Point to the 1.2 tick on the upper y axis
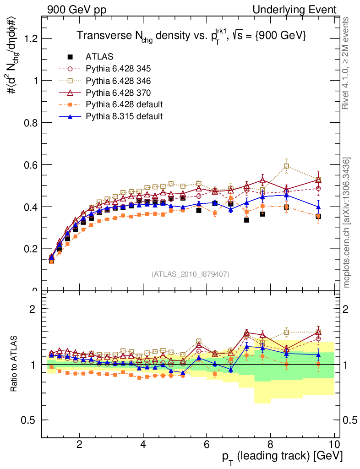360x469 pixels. coord(30,38)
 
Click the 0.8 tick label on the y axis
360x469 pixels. coord(30,123)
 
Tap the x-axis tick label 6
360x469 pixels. coord(207,444)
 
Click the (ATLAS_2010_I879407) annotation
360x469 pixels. coord(191,274)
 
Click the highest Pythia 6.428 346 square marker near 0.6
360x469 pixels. coord(286,166)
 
